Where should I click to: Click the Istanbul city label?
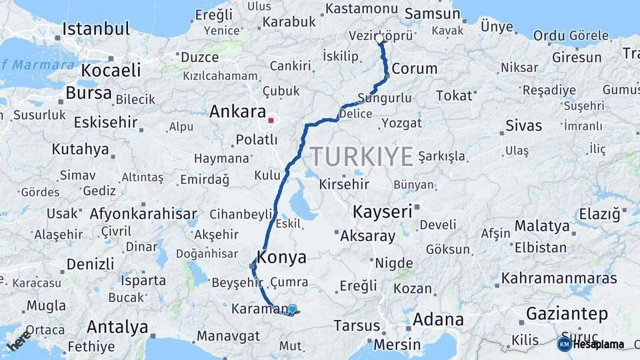coord(96,29)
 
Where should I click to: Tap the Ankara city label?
coord(237,111)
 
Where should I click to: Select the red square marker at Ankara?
coord(271,121)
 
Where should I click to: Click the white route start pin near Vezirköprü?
coord(380,39)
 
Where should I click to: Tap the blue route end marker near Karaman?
coord(292,309)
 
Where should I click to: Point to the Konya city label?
coord(282,257)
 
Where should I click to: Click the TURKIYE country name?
coord(361,156)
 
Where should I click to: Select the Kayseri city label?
coord(382,213)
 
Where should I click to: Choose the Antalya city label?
coord(117,327)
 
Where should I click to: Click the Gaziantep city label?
coord(567,313)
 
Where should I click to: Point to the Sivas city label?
coord(523,125)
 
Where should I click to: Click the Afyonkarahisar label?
coord(143,214)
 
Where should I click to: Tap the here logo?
coord(18,339)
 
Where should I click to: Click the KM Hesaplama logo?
coord(590,344)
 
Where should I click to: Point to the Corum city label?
coord(415,69)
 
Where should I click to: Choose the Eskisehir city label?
coord(105,123)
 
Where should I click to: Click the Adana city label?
coord(438,319)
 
